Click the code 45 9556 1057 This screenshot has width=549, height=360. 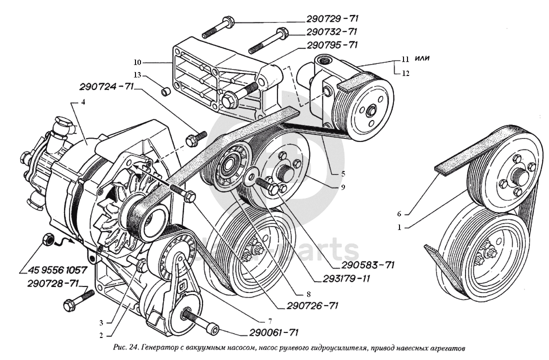(x=54, y=270)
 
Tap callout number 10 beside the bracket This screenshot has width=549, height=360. (x=137, y=62)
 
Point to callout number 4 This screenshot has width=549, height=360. (x=83, y=102)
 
